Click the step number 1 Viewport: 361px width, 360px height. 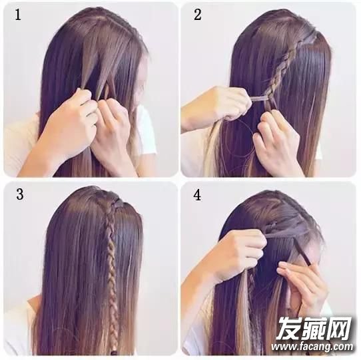point(18,15)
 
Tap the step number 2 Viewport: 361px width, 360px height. point(198,15)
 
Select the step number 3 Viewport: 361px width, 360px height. point(20,194)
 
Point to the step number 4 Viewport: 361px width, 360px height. point(198,195)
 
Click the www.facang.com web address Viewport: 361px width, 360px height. point(312,346)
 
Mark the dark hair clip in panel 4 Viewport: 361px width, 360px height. point(302,252)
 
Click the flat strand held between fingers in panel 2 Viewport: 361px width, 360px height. point(259,98)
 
